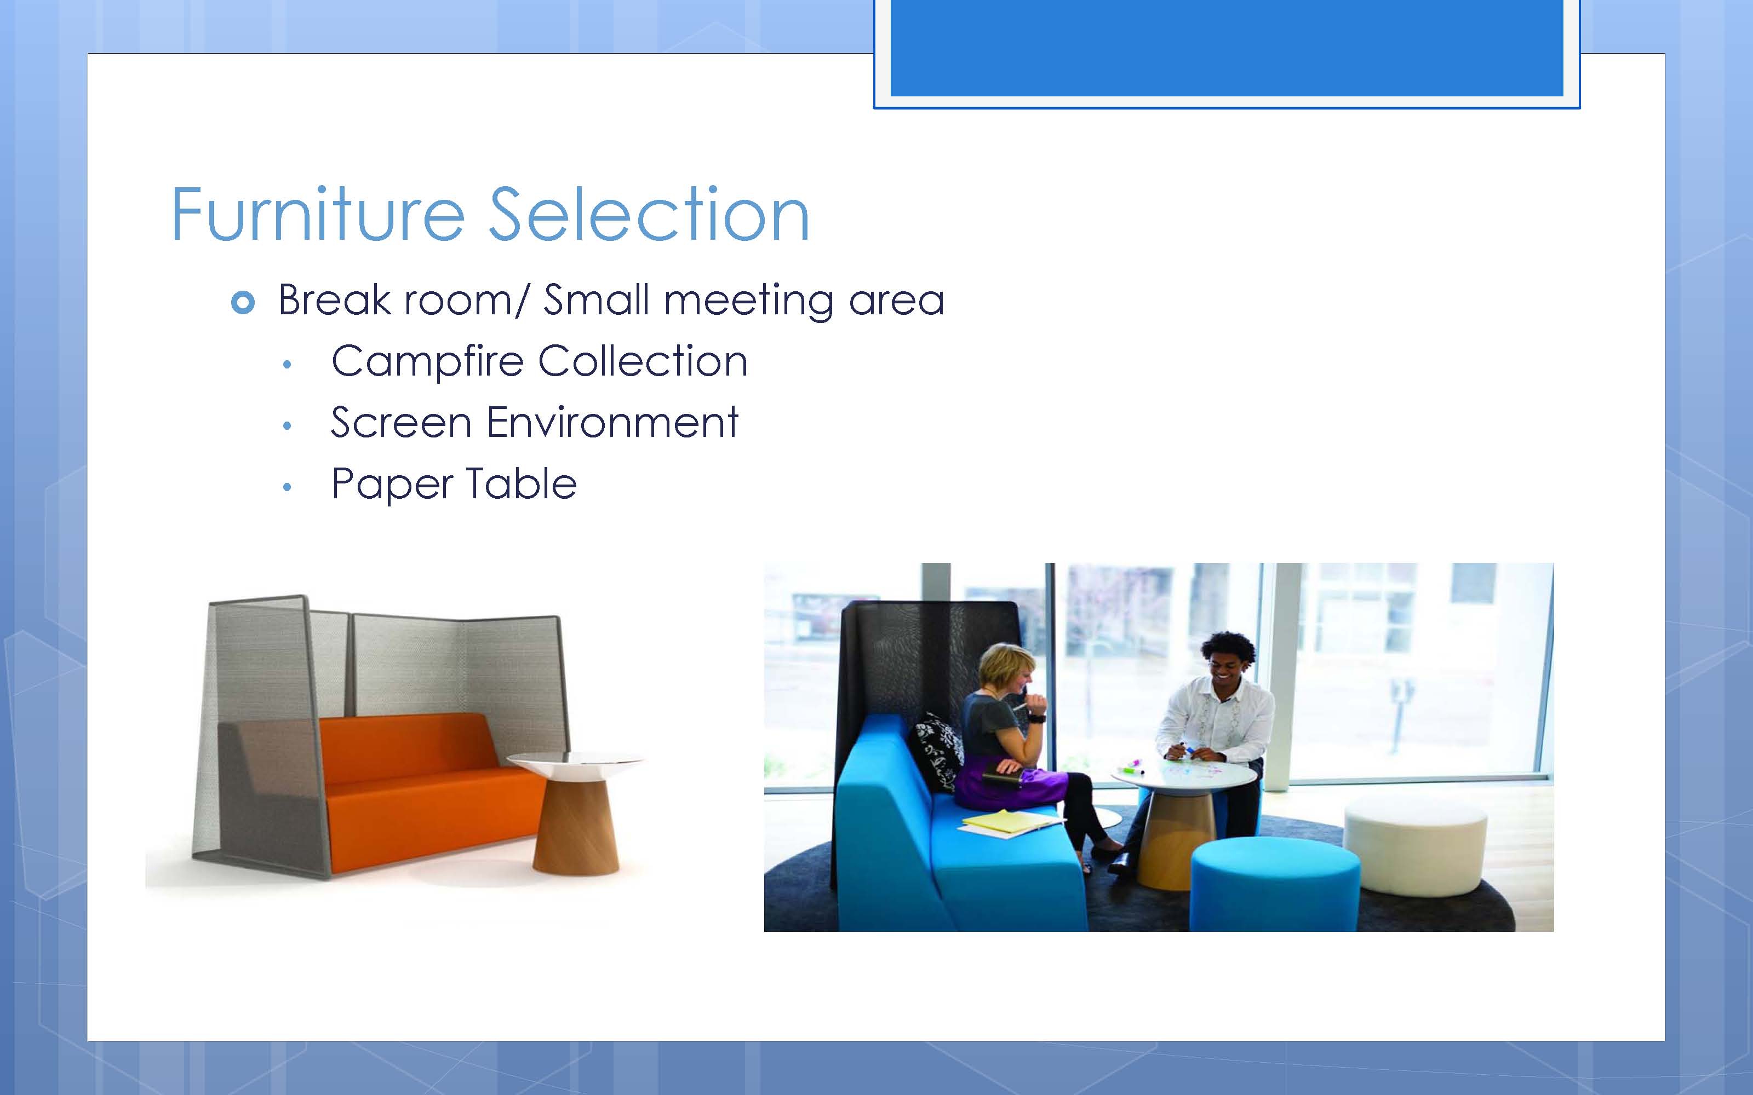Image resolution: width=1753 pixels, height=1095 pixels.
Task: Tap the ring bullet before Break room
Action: tap(243, 302)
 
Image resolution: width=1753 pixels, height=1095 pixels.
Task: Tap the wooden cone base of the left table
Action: tap(576, 826)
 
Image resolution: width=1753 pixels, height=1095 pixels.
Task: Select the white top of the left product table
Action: tap(576, 763)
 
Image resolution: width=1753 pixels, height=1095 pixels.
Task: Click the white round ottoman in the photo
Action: tap(1414, 843)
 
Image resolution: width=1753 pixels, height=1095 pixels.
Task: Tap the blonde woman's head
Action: tap(1007, 670)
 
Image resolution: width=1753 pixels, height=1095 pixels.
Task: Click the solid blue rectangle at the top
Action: tap(1227, 48)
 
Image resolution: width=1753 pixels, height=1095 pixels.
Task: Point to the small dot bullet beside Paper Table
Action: tap(288, 487)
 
